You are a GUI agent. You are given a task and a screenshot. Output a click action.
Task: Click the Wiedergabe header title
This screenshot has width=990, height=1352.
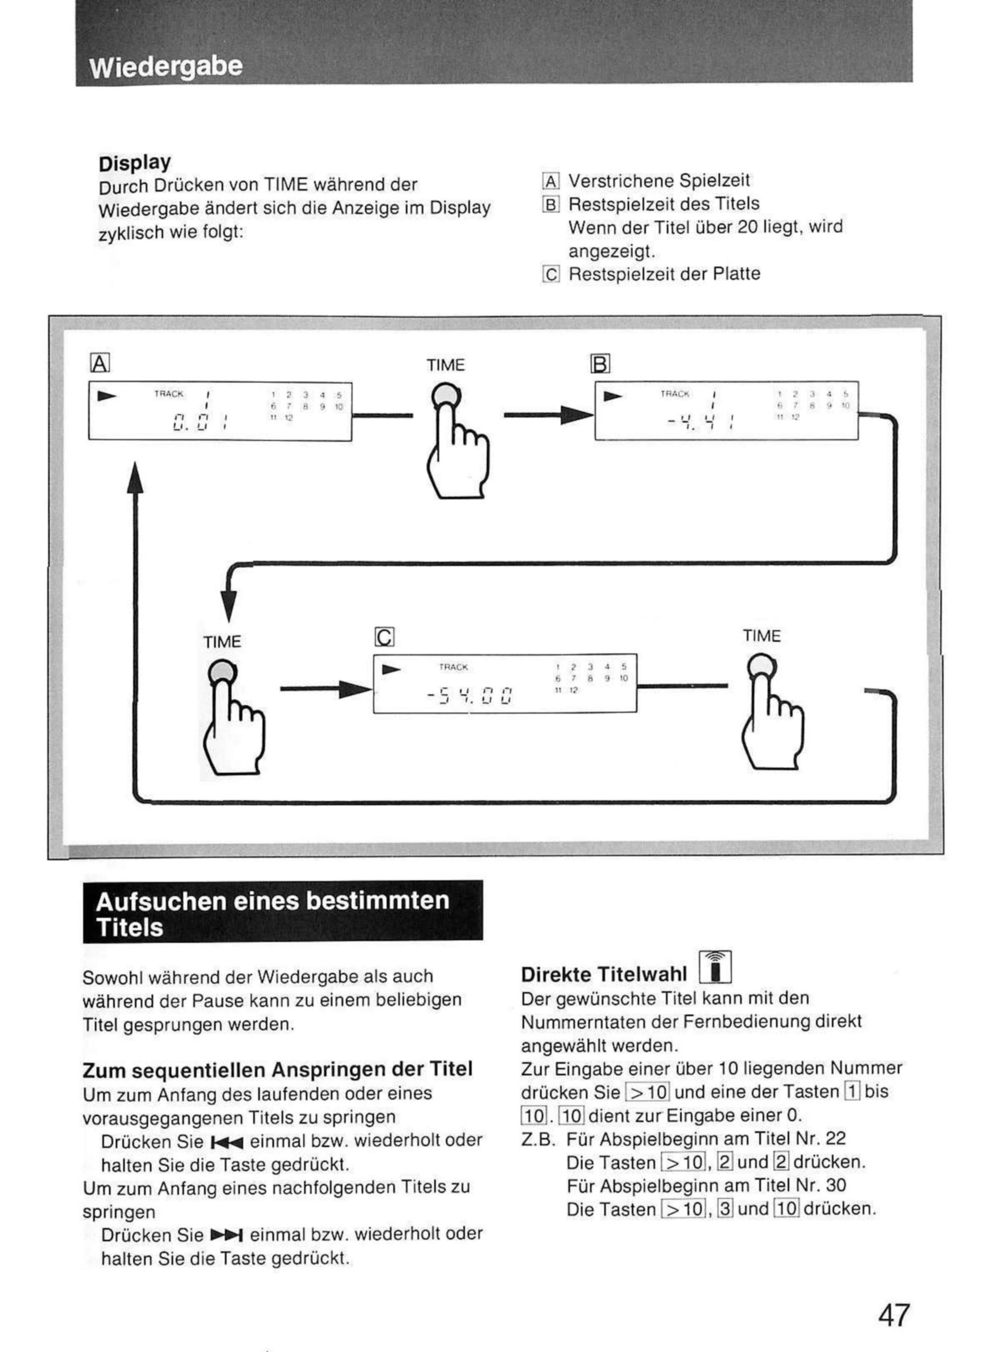click(166, 66)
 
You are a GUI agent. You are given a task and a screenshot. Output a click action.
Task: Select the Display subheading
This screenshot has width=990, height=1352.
click(135, 163)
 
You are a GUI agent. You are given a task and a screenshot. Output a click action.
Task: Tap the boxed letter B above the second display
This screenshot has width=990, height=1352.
click(600, 363)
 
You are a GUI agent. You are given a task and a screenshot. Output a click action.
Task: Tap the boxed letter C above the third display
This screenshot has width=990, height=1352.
click(384, 637)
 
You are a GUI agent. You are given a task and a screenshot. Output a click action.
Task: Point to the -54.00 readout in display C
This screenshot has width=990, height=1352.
click(470, 697)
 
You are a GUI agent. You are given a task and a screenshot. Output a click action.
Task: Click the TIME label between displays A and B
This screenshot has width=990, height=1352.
click(445, 365)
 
